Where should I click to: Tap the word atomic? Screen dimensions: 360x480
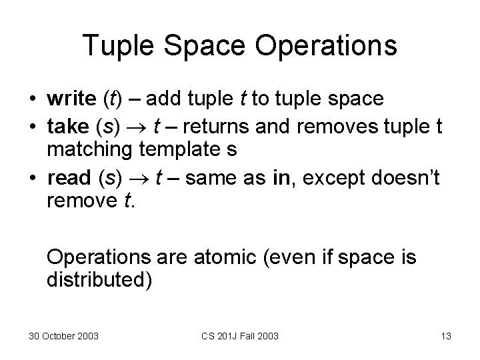coord(212,257)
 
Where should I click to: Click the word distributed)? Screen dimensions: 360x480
coord(99,279)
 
